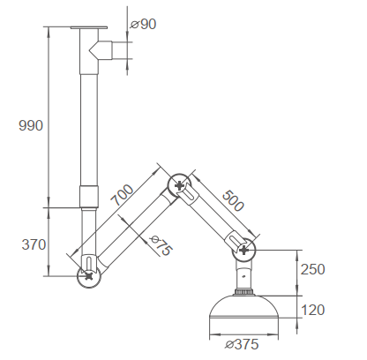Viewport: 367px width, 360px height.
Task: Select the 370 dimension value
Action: click(x=34, y=244)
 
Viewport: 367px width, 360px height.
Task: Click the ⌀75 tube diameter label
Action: click(x=160, y=246)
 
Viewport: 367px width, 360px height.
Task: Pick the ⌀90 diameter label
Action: click(x=143, y=24)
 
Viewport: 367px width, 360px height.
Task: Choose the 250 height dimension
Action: click(x=313, y=269)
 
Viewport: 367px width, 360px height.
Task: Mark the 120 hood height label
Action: click(x=313, y=310)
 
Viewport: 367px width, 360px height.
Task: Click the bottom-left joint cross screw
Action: click(x=89, y=274)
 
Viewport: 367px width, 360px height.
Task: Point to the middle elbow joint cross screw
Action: click(x=181, y=185)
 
